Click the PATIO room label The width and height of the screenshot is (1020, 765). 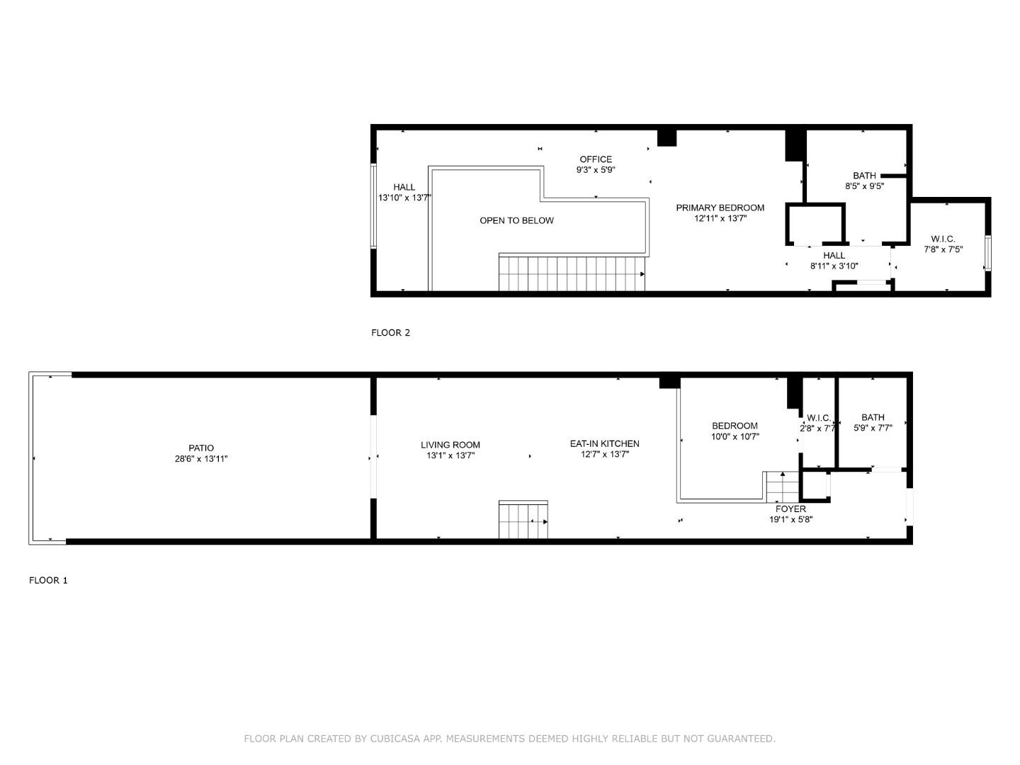point(201,448)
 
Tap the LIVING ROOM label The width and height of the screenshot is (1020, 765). point(450,445)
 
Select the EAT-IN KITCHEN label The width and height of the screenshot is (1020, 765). point(604,443)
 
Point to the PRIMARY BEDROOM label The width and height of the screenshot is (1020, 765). point(720,208)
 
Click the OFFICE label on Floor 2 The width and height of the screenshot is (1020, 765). point(596,159)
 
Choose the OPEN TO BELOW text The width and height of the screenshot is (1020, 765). point(516,220)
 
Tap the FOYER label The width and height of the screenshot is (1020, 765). point(790,509)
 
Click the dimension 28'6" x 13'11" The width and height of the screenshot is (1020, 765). point(201,458)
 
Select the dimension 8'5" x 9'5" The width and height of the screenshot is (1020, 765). point(864,186)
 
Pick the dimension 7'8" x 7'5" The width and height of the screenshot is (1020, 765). point(943,249)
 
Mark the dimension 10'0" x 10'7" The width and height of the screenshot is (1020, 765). point(735,436)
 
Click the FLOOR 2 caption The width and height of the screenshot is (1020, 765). point(390,332)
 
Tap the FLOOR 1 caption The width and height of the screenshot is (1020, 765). point(48,580)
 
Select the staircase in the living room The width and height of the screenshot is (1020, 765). point(523,521)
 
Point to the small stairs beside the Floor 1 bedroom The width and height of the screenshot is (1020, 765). point(782,487)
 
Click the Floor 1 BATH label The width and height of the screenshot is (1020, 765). point(873,417)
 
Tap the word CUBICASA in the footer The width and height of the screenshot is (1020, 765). point(396,739)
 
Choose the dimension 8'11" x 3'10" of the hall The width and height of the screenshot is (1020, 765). point(834,266)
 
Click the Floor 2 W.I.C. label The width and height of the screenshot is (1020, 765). point(943,239)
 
